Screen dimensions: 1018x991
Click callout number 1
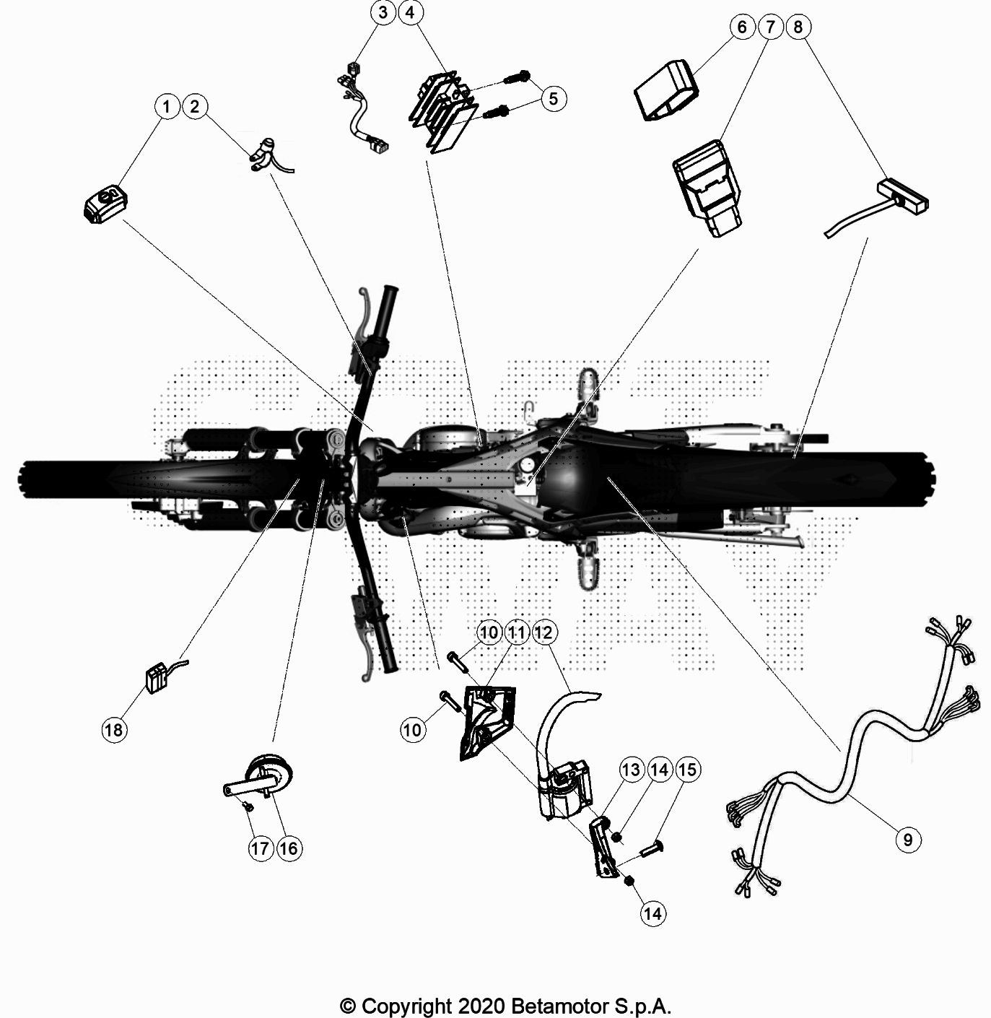(x=167, y=107)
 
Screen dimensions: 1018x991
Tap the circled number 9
(x=907, y=839)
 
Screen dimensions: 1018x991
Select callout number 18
(x=113, y=729)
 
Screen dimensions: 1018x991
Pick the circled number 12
(x=544, y=632)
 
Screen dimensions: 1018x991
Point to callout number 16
(x=288, y=848)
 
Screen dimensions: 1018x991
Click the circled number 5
(x=554, y=98)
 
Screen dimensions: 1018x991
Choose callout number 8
(x=798, y=27)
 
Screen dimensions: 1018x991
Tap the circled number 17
(x=260, y=848)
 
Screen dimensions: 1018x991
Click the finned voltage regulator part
(x=442, y=112)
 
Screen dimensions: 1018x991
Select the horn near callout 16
(x=270, y=778)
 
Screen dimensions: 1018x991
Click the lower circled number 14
(x=652, y=913)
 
